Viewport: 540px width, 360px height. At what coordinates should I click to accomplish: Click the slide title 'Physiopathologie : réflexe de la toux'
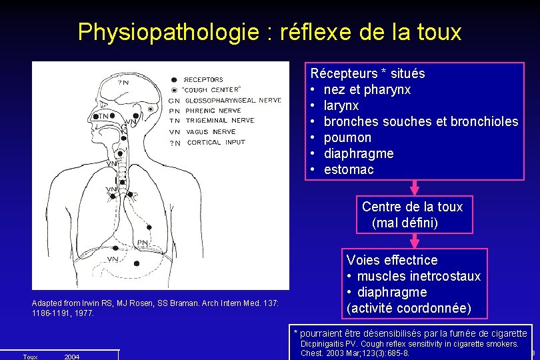[269, 31]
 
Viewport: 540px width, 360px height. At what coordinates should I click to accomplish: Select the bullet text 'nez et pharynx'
[367, 89]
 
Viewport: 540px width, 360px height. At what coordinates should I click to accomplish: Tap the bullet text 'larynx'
[341, 105]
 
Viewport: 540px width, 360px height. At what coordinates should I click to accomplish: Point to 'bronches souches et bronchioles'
[421, 121]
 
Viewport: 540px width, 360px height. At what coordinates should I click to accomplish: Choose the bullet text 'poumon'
[347, 137]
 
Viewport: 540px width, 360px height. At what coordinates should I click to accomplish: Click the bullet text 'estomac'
[349, 169]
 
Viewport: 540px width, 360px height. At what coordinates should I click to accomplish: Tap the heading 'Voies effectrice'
[392, 260]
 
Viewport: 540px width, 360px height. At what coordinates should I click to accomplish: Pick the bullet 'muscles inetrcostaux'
[419, 276]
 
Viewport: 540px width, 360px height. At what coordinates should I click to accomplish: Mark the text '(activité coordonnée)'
[409, 308]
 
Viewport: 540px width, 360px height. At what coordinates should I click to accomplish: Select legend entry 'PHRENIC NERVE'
[213, 110]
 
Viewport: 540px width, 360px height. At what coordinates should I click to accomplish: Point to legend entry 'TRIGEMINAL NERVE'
[219, 121]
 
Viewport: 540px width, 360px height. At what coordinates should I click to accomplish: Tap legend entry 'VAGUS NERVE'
[211, 131]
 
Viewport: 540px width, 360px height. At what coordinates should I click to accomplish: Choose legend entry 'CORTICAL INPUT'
[215, 142]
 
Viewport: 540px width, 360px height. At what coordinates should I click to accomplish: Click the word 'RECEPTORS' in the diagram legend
[204, 80]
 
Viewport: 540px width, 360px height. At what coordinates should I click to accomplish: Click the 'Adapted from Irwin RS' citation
[155, 307]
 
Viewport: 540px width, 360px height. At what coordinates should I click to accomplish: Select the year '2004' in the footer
[71, 357]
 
